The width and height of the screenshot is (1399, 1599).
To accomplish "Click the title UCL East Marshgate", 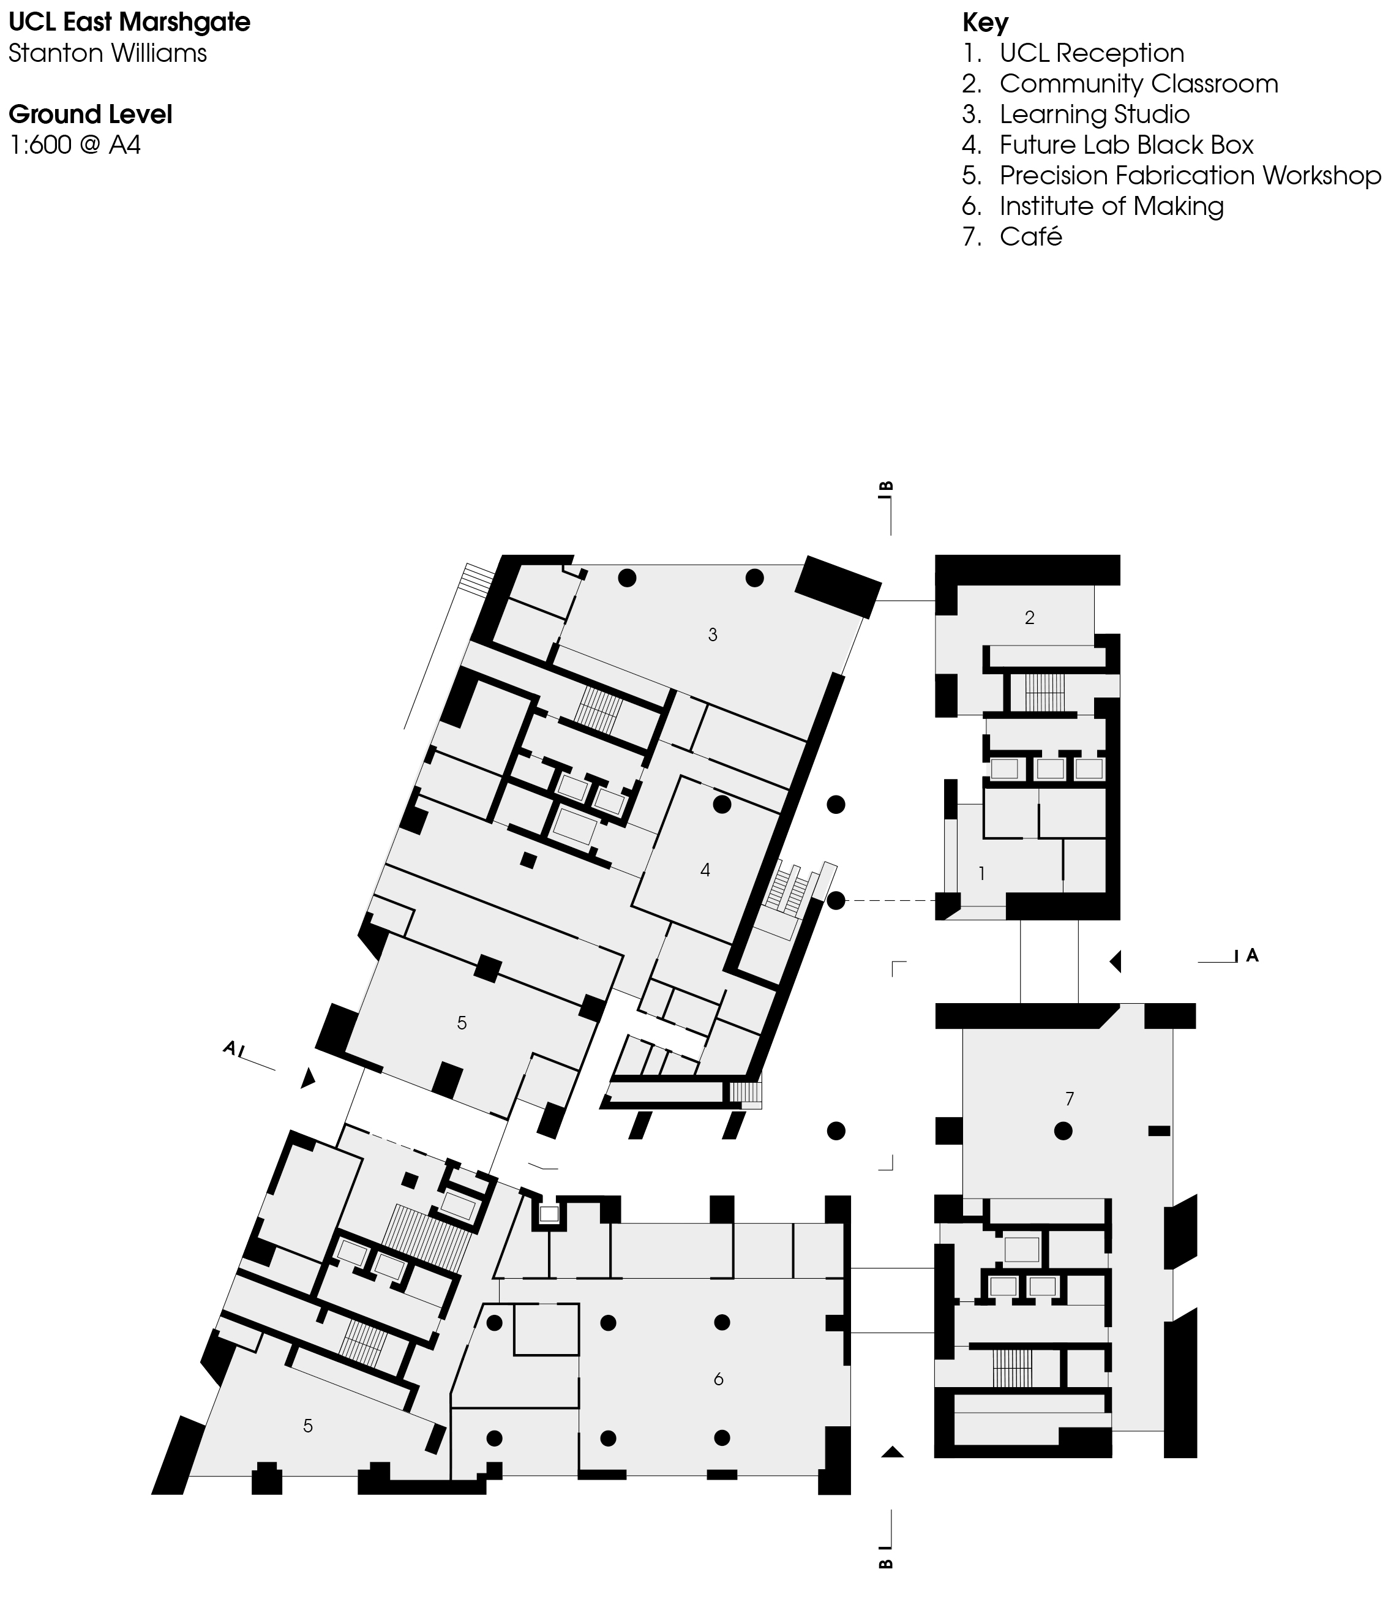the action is [130, 22].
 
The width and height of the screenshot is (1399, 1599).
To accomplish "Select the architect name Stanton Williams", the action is [108, 53].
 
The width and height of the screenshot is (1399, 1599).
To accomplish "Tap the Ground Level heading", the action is [91, 115].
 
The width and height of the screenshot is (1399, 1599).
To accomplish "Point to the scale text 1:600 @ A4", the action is [75, 145].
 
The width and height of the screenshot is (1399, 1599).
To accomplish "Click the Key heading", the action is [985, 23].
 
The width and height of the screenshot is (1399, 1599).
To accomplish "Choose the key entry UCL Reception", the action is [1092, 53].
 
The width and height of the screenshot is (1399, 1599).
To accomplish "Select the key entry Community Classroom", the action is [1138, 83].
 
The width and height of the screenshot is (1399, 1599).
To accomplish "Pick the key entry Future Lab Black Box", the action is [1126, 145].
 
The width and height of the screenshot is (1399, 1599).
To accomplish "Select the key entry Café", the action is [1030, 236].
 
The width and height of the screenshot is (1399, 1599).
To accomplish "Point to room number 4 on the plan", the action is [706, 871].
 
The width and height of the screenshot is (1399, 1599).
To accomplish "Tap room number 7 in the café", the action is [1070, 1099].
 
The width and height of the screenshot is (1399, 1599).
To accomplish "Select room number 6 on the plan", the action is [718, 1380].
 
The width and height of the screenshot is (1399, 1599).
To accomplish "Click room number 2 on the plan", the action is [1030, 617].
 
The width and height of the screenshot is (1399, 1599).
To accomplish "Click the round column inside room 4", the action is [722, 804].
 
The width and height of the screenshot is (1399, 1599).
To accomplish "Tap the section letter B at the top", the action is [886, 487].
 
